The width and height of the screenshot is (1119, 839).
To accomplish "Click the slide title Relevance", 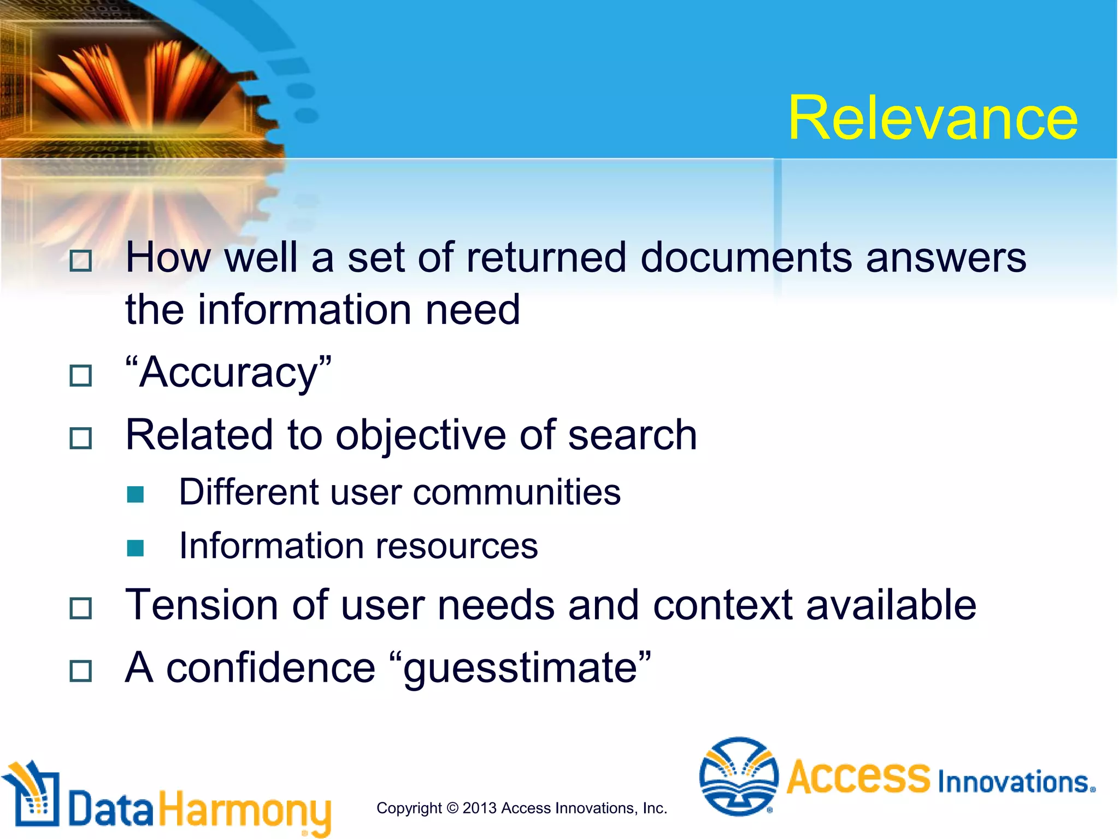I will click(x=933, y=118).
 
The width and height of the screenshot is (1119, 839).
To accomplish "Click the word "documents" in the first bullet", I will click(x=746, y=257).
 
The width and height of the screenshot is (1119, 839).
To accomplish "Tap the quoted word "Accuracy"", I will click(x=228, y=373).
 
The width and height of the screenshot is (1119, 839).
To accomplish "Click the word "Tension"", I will click(x=201, y=605).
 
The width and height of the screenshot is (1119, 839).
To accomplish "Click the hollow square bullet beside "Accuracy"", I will click(x=81, y=376).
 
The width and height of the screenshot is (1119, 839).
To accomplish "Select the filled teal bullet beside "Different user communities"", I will click(x=135, y=494).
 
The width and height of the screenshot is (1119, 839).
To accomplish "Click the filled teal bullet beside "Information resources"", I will click(x=135, y=548).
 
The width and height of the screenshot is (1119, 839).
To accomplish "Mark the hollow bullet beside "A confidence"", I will click(x=81, y=671).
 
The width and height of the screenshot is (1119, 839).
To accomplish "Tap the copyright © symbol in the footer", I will click(x=452, y=808).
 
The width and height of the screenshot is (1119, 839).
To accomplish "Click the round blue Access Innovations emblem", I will click(x=738, y=776).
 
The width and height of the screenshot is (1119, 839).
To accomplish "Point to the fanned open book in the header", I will click(x=137, y=82).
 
